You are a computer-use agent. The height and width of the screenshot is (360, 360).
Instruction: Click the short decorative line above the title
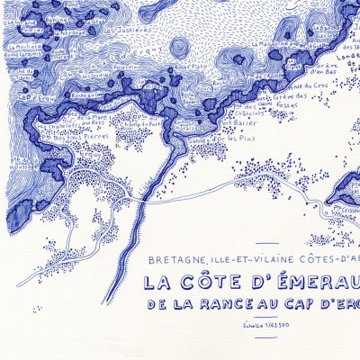pyautogui.click(x=269, y=243)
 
